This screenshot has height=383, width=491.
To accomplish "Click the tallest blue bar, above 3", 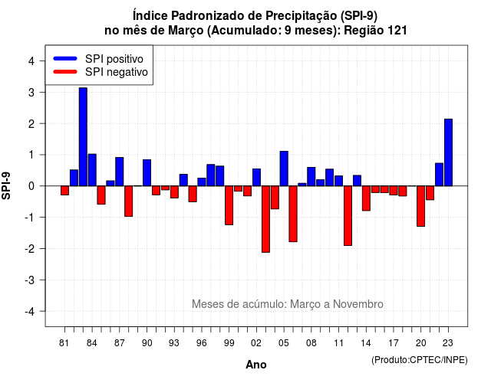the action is click(x=83, y=137).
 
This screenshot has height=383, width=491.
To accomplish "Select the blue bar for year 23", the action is click(x=448, y=152).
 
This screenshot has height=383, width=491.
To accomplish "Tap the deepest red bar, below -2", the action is click(x=265, y=219).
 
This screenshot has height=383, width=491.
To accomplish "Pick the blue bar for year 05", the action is click(x=284, y=169).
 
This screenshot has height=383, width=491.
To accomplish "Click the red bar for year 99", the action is click(x=229, y=205).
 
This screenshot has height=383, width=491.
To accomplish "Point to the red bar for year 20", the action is click(x=421, y=206).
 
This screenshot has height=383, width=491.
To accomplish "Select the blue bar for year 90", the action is click(x=147, y=173).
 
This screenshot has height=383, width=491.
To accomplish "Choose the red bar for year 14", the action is click(x=366, y=198).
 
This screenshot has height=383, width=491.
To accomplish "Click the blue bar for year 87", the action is click(x=120, y=172).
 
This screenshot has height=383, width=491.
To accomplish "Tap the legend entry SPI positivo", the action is click(x=114, y=59).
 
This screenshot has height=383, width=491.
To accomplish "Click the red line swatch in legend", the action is click(x=65, y=72).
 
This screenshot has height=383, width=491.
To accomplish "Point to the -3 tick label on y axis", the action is click(x=30, y=280).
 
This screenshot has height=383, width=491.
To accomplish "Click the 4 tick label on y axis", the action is click(x=31, y=61).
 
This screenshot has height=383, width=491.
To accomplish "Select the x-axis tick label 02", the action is click(x=256, y=343).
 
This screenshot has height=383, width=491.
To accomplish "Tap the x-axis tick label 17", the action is click(x=394, y=343).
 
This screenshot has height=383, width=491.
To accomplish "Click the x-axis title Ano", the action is click(x=256, y=365).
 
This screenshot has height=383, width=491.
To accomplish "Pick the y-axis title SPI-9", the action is click(x=6, y=185).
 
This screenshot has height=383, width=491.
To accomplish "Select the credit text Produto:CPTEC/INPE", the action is click(x=420, y=360).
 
